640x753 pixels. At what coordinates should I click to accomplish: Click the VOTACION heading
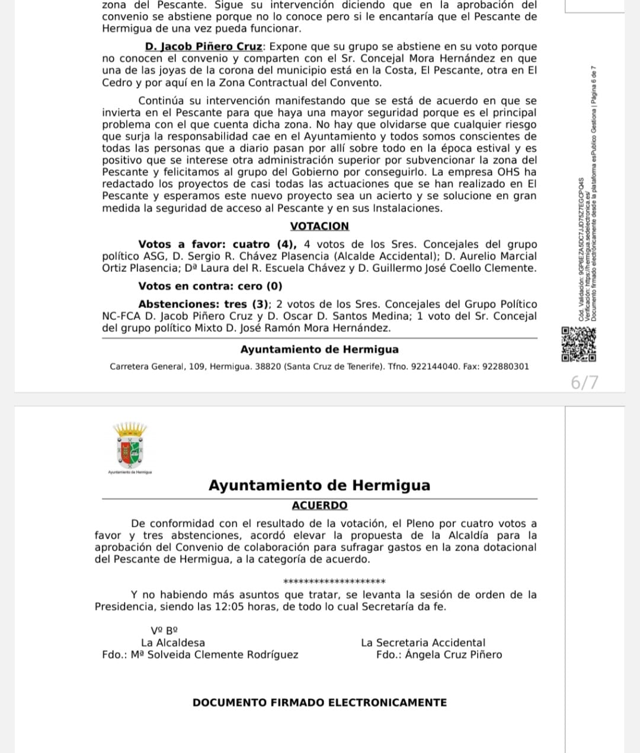[319, 226]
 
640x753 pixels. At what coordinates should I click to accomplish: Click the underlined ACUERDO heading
[319, 505]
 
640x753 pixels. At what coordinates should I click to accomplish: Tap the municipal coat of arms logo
[130, 447]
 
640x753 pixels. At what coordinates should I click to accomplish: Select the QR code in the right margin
[578, 344]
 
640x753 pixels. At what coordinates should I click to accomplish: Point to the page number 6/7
[584, 383]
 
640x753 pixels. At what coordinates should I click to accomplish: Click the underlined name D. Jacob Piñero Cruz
[203, 46]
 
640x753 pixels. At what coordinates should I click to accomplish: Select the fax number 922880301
[505, 367]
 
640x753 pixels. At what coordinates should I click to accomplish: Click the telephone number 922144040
[435, 367]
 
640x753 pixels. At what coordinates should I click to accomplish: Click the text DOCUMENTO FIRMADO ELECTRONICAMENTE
[319, 703]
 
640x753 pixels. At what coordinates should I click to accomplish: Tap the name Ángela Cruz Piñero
[453, 655]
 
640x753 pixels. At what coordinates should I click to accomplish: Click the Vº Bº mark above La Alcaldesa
[164, 631]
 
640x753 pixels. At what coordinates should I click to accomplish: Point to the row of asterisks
[334, 582]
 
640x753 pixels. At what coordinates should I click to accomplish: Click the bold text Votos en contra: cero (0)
[210, 286]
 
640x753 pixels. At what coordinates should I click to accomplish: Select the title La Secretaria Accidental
[423, 643]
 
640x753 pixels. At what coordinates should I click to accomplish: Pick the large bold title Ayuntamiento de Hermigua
[319, 485]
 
